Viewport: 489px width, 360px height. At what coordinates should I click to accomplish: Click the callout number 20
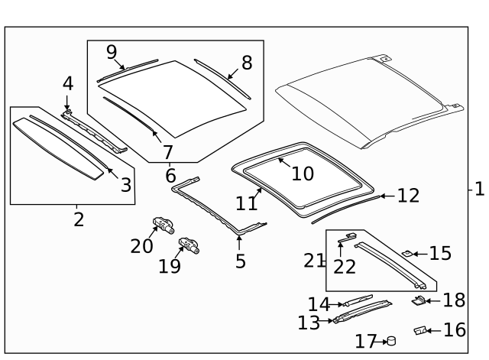pyautogui.click(x=141, y=245)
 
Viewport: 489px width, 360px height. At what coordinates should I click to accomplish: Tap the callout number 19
pyautogui.click(x=170, y=265)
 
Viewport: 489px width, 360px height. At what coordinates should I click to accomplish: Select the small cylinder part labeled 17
pyautogui.click(x=392, y=341)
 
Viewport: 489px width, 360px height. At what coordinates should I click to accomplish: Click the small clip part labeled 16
pyautogui.click(x=419, y=330)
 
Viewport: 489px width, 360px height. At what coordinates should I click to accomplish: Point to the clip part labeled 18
pyautogui.click(x=419, y=300)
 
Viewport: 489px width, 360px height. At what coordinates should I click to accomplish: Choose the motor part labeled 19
pyautogui.click(x=189, y=245)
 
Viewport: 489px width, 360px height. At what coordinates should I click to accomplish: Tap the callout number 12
pyautogui.click(x=408, y=196)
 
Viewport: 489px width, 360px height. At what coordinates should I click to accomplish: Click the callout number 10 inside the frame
pyautogui.click(x=303, y=174)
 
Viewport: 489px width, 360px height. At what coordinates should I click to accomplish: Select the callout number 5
pyautogui.click(x=240, y=261)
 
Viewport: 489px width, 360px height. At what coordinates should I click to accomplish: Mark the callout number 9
pyautogui.click(x=112, y=52)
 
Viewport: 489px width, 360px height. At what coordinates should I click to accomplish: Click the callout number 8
pyautogui.click(x=247, y=62)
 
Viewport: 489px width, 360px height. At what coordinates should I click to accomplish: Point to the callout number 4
pyautogui.click(x=67, y=83)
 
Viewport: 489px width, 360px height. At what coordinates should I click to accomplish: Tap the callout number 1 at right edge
pyautogui.click(x=478, y=188)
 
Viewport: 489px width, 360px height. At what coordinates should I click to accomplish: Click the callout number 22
pyautogui.click(x=345, y=265)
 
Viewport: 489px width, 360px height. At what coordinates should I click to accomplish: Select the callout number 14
pyautogui.click(x=319, y=304)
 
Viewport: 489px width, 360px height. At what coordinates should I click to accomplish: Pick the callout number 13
pyautogui.click(x=309, y=323)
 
